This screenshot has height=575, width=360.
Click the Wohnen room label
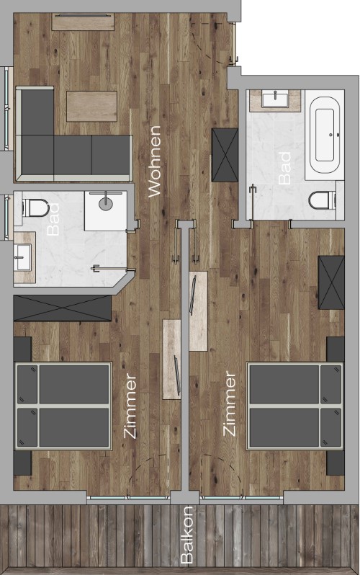[155, 161]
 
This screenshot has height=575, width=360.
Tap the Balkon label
[187, 535]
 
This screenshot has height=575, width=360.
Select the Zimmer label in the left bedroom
[130, 406]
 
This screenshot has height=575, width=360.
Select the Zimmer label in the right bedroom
[230, 404]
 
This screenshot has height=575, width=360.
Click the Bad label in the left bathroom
[53, 219]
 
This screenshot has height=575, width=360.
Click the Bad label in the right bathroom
[285, 169]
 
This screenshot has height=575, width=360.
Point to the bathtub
[325, 135]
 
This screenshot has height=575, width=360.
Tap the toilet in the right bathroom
[322, 200]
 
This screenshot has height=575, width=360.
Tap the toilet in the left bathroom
[35, 208]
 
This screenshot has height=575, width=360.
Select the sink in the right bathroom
[275, 100]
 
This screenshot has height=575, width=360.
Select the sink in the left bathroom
[23, 257]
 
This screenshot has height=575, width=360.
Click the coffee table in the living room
[91, 107]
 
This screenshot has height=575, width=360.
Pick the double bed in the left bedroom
[63, 406]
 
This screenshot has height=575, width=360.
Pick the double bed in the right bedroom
[295, 406]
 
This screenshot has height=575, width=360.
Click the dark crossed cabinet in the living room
[225, 155]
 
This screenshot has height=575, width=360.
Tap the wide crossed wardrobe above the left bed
[63, 308]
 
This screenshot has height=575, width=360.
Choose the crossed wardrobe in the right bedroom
[331, 282]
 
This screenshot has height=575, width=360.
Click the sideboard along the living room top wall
[83, 22]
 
